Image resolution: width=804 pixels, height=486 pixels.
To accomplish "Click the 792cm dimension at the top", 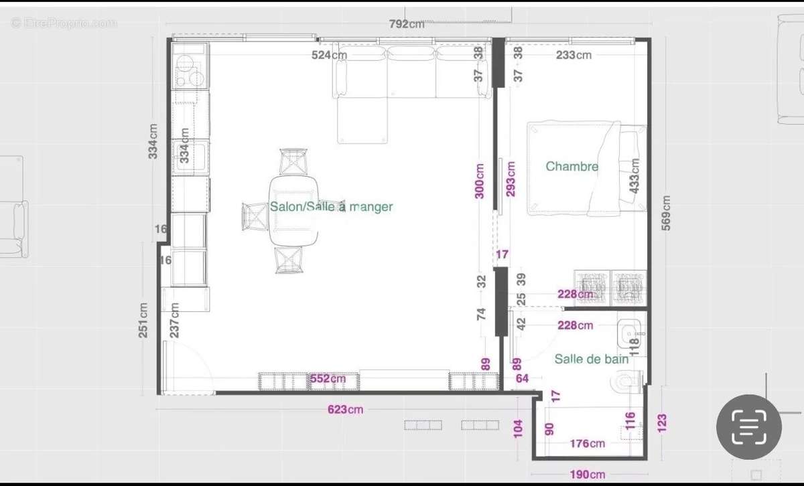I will click(x=407, y=24).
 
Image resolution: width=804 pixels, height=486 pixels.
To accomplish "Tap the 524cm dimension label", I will click(x=329, y=55).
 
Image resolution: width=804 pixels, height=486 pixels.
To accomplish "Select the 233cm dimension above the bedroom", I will click(x=574, y=55).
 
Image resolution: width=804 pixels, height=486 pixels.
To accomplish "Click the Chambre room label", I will click(x=572, y=166).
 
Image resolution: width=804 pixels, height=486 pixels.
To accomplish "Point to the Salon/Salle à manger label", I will click(x=331, y=207).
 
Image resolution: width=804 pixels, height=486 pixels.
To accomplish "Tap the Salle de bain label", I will click(x=591, y=359).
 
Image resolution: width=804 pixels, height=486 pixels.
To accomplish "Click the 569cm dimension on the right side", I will click(x=665, y=213).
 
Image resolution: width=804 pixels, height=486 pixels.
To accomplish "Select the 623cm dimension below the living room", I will click(x=346, y=409).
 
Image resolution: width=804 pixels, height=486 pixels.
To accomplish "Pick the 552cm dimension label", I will click(x=328, y=379).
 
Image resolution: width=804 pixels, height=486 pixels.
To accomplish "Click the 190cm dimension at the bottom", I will click(x=588, y=474).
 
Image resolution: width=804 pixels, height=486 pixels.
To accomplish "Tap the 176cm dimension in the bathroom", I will click(x=587, y=443).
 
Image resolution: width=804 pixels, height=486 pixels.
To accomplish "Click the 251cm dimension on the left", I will click(x=143, y=320).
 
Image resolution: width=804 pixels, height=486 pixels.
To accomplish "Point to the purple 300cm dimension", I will click(x=480, y=181).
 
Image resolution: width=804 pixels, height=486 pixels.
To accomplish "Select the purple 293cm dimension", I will click(x=511, y=177).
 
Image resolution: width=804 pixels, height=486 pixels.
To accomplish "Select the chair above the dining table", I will click(x=294, y=161).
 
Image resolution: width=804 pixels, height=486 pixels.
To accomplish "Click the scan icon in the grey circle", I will click(x=749, y=426).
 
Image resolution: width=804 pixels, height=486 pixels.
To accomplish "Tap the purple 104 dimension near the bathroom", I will click(x=517, y=428).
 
